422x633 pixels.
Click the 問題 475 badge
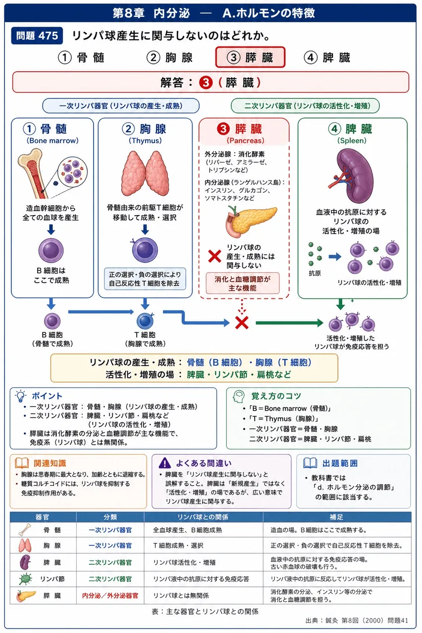click(x=37, y=36)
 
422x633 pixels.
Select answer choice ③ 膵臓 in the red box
click(x=250, y=57)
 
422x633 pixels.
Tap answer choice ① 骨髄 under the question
click(x=82, y=58)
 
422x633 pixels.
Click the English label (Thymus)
click(x=145, y=140)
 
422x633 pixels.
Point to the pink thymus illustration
click(x=145, y=173)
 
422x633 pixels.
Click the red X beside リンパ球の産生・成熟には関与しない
click(x=215, y=256)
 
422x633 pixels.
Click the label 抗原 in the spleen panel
click(x=314, y=273)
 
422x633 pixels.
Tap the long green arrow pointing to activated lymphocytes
click(x=289, y=323)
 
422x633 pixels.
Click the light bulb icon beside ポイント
click(x=21, y=396)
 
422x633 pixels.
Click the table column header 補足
click(x=336, y=517)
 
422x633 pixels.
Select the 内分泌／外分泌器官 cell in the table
click(x=110, y=596)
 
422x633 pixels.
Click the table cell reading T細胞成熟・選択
click(x=178, y=545)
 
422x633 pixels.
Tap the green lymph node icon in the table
click(x=25, y=579)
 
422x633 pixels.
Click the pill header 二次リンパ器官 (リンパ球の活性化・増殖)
click(x=305, y=106)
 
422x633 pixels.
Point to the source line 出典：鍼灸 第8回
click(x=357, y=621)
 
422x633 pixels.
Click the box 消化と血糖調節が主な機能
click(x=242, y=283)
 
